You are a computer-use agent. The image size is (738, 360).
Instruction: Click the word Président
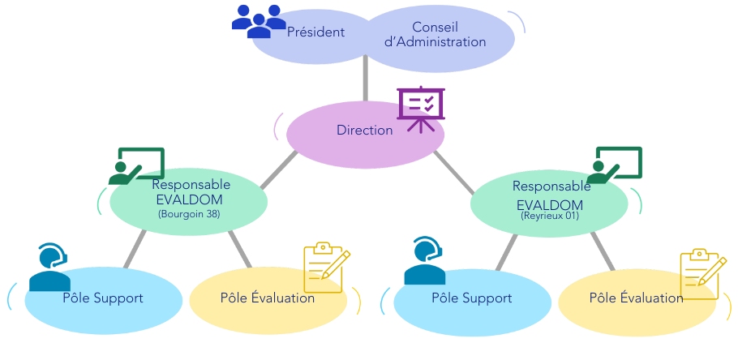point(315,32)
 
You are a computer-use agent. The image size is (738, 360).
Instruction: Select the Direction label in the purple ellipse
point(364,130)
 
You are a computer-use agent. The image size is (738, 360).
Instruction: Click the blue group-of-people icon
point(259,20)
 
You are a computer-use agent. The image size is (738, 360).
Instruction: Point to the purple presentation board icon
point(421,109)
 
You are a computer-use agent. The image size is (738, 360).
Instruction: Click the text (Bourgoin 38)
point(189,214)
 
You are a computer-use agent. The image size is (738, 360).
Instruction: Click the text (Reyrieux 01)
point(549,216)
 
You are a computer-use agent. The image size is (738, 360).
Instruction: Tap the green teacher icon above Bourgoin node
point(136,166)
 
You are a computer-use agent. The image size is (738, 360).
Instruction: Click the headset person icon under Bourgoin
point(49,267)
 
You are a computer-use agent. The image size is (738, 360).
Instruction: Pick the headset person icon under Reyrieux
point(424,261)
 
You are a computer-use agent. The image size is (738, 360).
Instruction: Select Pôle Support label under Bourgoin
point(102,298)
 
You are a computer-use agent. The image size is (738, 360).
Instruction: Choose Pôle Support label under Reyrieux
point(471,298)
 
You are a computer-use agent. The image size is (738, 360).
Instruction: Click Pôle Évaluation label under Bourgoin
point(267,298)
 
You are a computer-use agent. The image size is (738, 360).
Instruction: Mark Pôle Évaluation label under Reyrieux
point(636,298)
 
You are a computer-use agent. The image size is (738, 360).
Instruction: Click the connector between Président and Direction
point(365,81)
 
